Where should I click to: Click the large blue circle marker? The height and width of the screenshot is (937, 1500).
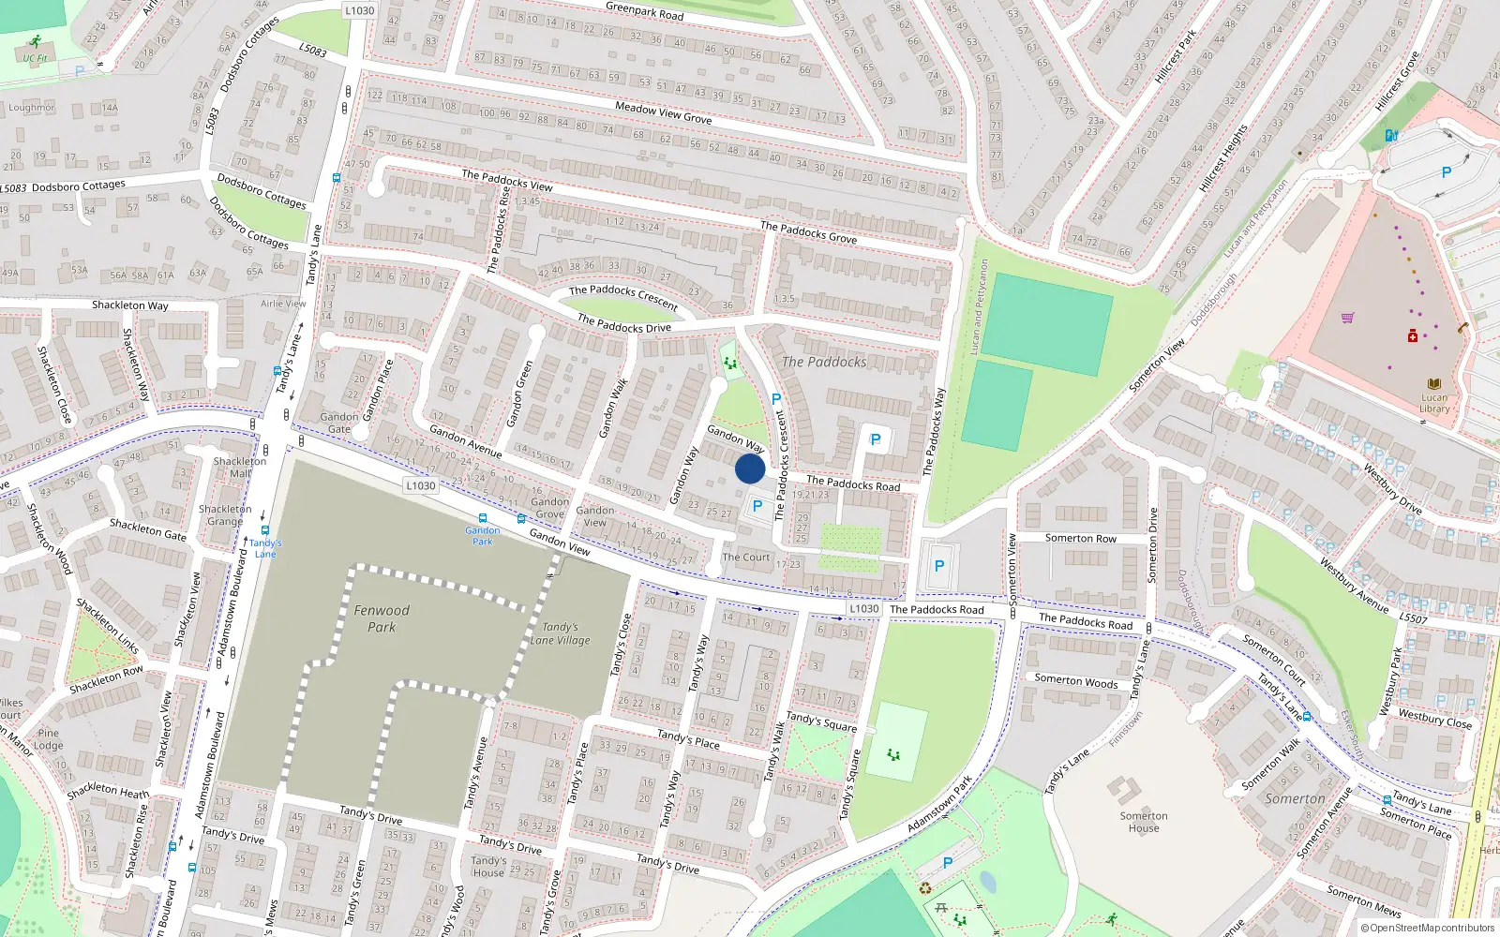[750, 468]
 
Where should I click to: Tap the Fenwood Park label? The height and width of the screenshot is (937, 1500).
[382, 618]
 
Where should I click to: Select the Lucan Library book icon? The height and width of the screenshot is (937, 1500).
[1433, 384]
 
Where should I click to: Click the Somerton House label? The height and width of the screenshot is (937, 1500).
[1144, 822]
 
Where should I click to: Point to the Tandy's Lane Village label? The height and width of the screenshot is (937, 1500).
[560, 633]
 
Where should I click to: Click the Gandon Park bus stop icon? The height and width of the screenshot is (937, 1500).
[483, 518]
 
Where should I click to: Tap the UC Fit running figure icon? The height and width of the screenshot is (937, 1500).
[36, 42]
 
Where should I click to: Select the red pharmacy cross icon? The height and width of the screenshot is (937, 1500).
[1413, 335]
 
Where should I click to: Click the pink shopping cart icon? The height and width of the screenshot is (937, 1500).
[1347, 318]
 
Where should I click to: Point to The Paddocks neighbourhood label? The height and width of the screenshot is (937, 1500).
[824, 362]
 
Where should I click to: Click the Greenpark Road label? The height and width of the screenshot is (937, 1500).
[645, 11]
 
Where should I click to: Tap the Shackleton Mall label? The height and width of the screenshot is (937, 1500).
[240, 467]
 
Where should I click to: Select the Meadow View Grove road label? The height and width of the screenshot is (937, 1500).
[663, 113]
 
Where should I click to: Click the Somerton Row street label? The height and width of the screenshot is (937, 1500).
[1080, 538]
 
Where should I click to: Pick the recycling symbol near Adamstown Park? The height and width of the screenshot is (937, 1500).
[925, 887]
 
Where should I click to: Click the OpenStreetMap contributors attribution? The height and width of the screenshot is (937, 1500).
[1427, 928]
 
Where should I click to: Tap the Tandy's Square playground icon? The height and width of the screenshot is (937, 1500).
[893, 753]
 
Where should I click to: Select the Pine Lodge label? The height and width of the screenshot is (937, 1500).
[49, 739]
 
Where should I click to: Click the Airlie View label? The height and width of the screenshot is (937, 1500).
[283, 304]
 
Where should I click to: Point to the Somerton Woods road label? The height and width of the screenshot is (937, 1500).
[1075, 682]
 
